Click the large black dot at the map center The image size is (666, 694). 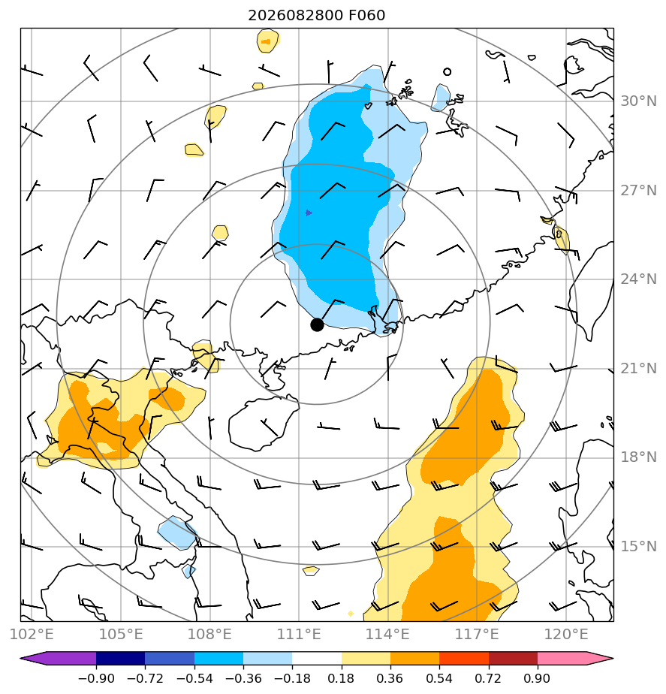pyautogui.click(x=317, y=324)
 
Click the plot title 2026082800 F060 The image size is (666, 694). pyautogui.click(x=316, y=16)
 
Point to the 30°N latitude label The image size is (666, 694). pyautogui.click(x=638, y=101)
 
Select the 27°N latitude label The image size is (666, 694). pyautogui.click(x=638, y=191)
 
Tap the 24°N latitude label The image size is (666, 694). pyautogui.click(x=638, y=279)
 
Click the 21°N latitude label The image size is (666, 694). pyautogui.click(x=638, y=368)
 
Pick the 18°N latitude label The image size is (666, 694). pyautogui.click(x=638, y=457)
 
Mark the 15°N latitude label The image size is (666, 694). pyautogui.click(x=638, y=547)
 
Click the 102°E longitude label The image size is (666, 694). pyautogui.click(x=32, y=634)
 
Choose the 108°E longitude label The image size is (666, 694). pyautogui.click(x=209, y=634)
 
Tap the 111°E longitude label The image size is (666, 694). pyautogui.click(x=299, y=634)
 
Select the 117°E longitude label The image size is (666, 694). pyautogui.click(x=477, y=634)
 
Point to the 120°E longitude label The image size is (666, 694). pyautogui.click(x=566, y=634)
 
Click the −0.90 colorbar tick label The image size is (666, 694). pyautogui.click(x=96, y=678)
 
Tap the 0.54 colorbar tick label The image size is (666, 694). pyautogui.click(x=439, y=678)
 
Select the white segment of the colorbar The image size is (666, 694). pyautogui.click(x=316, y=658)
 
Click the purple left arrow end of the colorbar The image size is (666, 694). pyautogui.click(x=58, y=658)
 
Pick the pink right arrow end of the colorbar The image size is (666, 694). pyautogui.click(x=575, y=658)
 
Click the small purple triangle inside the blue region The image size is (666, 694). pyautogui.click(x=309, y=213)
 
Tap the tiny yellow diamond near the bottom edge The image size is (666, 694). pyautogui.click(x=351, y=614)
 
